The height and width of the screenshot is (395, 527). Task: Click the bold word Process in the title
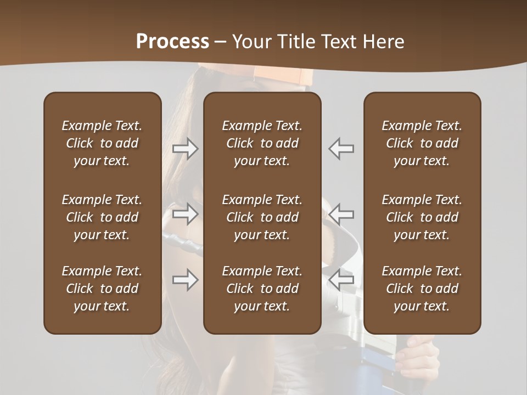click(x=172, y=42)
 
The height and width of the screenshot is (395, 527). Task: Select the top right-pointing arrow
click(x=185, y=149)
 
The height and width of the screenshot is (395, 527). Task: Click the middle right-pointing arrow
click(x=185, y=214)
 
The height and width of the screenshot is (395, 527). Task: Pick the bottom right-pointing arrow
click(x=185, y=280)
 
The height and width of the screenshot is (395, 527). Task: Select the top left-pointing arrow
click(x=341, y=149)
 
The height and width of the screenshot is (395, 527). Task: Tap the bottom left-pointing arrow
click(x=341, y=280)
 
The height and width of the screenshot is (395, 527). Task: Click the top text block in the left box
click(x=102, y=143)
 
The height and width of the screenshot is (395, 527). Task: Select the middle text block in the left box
click(x=102, y=217)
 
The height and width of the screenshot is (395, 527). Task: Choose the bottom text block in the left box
click(x=102, y=289)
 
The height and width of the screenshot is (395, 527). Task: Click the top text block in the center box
click(x=262, y=143)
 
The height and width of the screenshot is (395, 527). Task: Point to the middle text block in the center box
click(x=262, y=217)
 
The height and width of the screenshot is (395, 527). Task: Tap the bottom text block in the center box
click(x=262, y=289)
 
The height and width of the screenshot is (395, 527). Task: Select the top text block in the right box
click(x=422, y=143)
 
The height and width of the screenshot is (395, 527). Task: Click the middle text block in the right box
click(x=422, y=217)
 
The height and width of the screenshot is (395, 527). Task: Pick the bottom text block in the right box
click(x=422, y=289)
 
